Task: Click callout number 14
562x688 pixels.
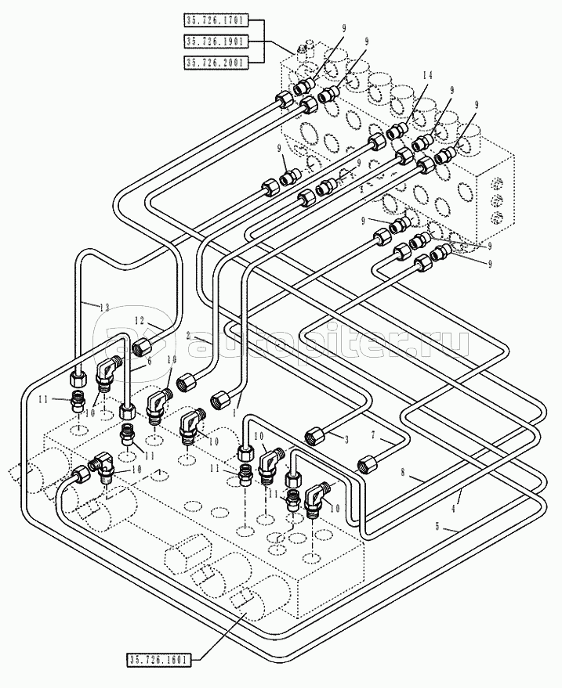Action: (x=426, y=75)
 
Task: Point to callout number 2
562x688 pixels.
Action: (x=188, y=334)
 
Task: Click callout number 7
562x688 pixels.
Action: (x=374, y=435)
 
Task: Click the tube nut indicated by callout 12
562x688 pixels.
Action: (x=143, y=345)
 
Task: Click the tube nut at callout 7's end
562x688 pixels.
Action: (x=364, y=464)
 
